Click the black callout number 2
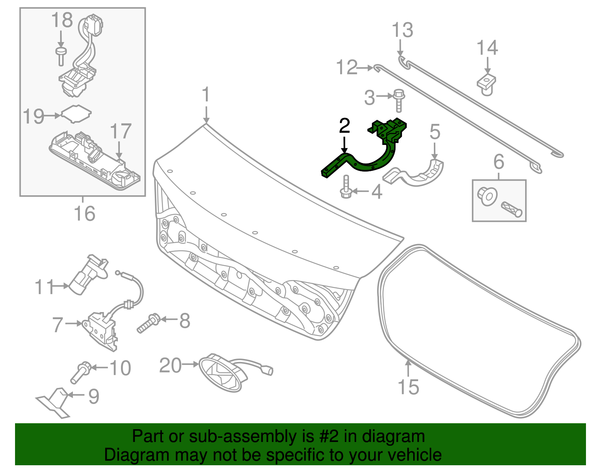(x=344, y=126)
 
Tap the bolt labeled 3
(x=399, y=100)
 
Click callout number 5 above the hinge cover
(x=435, y=132)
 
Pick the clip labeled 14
(x=486, y=85)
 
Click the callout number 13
(x=402, y=30)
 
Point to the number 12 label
(x=346, y=68)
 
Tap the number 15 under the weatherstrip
(x=408, y=387)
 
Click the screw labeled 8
(x=149, y=323)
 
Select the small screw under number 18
(x=60, y=56)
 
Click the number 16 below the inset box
(x=85, y=214)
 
